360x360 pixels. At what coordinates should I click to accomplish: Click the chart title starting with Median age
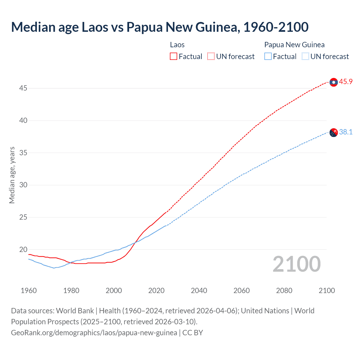[x=160, y=27]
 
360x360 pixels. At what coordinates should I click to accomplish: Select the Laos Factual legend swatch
[x=174, y=57]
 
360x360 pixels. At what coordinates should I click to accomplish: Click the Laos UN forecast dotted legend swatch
[x=211, y=57]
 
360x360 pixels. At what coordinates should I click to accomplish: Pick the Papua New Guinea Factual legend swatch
[x=268, y=57]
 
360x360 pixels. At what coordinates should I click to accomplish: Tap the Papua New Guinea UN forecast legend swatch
[x=305, y=57]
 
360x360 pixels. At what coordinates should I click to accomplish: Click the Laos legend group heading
[x=177, y=45]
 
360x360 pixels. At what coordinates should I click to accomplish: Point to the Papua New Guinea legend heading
[x=294, y=45]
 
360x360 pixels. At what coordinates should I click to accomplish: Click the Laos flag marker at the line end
[x=334, y=82]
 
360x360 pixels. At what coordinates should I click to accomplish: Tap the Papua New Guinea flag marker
[x=334, y=132]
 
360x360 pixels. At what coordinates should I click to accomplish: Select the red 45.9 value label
[x=346, y=82]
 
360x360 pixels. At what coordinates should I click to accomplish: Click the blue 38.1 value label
[x=346, y=132]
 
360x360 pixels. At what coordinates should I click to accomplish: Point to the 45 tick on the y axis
[x=23, y=88]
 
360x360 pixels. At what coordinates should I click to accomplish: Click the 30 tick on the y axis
[x=23, y=185]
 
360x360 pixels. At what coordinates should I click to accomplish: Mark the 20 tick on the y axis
[x=23, y=249]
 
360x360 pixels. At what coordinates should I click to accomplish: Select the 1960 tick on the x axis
[x=29, y=291]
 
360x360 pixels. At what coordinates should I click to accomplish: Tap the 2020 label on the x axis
[x=156, y=291]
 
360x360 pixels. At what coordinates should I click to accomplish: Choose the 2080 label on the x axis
[x=284, y=291]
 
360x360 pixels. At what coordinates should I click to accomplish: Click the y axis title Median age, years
[x=12, y=175]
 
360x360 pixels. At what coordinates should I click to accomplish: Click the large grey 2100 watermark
[x=296, y=264]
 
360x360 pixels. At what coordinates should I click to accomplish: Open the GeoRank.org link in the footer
[x=94, y=333]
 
